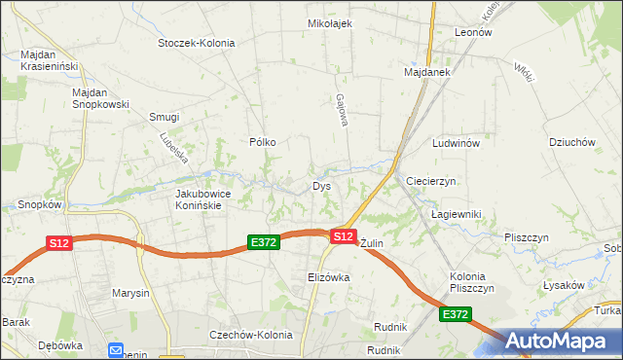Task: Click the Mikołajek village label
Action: (329, 23)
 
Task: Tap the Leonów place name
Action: (473, 32)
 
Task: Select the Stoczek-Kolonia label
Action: (198, 43)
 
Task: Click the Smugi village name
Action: (164, 117)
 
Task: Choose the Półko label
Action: (263, 142)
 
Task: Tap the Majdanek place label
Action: (426, 72)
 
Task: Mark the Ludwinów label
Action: (457, 143)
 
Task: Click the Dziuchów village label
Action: (571, 142)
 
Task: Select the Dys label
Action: (322, 186)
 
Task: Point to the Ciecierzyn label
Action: (431, 182)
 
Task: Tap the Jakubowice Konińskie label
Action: (202, 199)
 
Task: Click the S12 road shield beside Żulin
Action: (342, 235)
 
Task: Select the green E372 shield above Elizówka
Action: (264, 242)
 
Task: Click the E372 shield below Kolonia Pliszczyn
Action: (455, 315)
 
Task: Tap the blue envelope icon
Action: (116, 350)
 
